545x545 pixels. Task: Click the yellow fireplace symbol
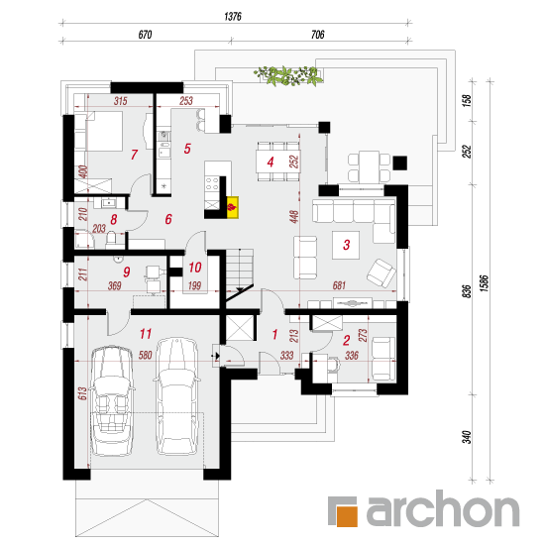tap(233, 207)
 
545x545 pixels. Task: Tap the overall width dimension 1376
tap(233, 16)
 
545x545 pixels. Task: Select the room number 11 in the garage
tap(146, 334)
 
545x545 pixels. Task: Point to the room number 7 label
tap(134, 155)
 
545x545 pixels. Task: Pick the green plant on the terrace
tap(287, 75)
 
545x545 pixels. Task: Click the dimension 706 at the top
tap(318, 35)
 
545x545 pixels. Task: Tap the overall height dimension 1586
tap(486, 282)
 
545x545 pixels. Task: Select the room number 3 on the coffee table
tap(346, 245)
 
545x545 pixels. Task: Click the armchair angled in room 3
tap(381, 272)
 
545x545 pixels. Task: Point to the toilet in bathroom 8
tap(111, 239)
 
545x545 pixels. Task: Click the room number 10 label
tap(195, 268)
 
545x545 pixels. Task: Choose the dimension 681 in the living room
tap(339, 285)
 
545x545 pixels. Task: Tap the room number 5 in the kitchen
tap(187, 149)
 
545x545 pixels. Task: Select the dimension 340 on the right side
tap(467, 437)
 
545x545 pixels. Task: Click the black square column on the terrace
tap(399, 163)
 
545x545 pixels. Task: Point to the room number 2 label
tap(346, 340)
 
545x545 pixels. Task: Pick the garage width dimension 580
tap(146, 355)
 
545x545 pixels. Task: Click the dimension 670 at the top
tap(145, 35)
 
